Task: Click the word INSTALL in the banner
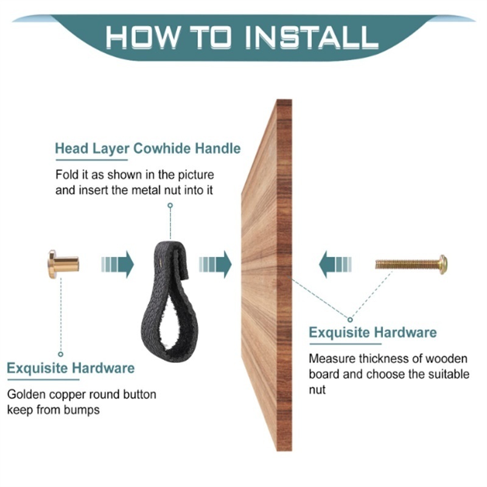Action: pos(312,38)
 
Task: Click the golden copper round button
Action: pos(63,264)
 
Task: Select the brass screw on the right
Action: pos(412,264)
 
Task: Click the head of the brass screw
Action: pos(443,264)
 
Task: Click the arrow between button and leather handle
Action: pos(117,265)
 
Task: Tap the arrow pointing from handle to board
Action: pos(215,265)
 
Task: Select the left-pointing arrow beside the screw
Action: pos(335,265)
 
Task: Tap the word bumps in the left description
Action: pos(82,410)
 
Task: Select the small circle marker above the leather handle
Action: pos(170,205)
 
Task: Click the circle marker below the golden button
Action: pos(61,354)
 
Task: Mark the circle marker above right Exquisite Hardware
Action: pos(351,320)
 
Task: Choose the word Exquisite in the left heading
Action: pos(37,368)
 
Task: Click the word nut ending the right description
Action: pos(317,390)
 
